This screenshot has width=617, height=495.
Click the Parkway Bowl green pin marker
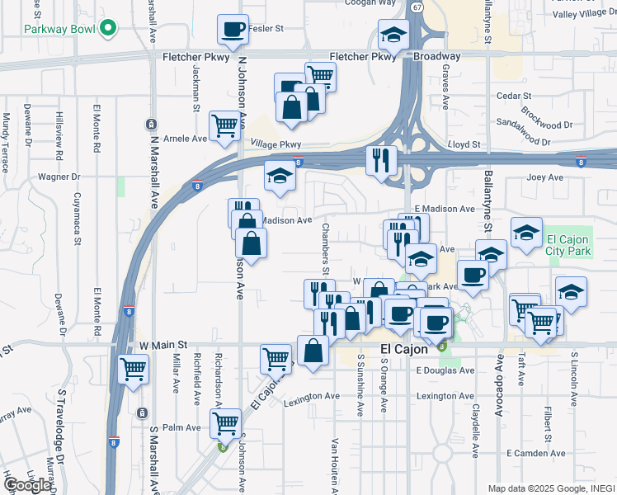pyautogui.click(x=107, y=29)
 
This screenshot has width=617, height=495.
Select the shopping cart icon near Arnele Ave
pyautogui.click(x=224, y=125)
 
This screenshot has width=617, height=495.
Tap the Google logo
pyautogui.click(x=27, y=485)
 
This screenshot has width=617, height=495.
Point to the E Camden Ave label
pyautogui.click(x=535, y=453)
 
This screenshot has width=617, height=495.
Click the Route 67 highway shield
pyautogui.click(x=418, y=7)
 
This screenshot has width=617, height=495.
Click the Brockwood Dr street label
pyautogui.click(x=547, y=112)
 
